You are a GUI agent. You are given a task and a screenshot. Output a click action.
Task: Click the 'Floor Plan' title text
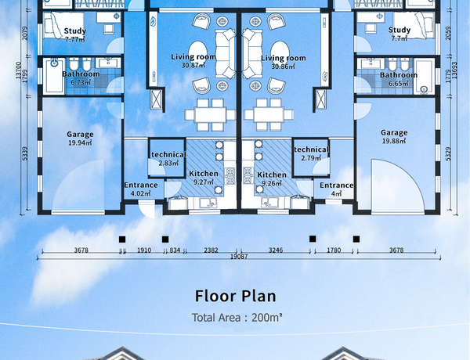click(x=235, y=296)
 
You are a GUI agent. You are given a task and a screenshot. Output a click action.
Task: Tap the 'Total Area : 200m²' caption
click(x=237, y=318)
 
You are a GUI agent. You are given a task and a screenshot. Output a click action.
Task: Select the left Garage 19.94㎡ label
click(x=80, y=139)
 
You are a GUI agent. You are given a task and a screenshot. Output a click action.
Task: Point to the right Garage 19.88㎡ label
click(x=394, y=137)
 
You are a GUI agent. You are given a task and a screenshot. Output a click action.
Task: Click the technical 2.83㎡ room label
click(x=168, y=159)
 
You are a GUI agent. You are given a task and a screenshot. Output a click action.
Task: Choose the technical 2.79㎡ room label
click(x=311, y=153)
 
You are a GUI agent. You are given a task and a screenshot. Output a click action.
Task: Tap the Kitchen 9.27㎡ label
click(x=204, y=178)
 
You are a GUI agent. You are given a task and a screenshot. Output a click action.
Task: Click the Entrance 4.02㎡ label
click(x=140, y=189)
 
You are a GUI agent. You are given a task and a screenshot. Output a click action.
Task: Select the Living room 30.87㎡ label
click(x=193, y=61)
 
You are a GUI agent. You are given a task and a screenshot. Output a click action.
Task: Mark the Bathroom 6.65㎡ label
click(x=399, y=79)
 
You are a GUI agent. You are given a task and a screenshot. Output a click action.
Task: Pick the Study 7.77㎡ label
click(x=75, y=35)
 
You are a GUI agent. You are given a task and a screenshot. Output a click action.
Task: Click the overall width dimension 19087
click(x=239, y=257)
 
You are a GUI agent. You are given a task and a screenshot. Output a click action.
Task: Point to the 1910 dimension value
click(x=144, y=250)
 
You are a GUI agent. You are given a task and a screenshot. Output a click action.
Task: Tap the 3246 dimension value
click(x=276, y=250)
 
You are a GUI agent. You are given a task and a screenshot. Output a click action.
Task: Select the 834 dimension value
click(x=175, y=250)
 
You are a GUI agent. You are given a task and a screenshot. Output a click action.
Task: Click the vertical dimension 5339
click(x=25, y=153)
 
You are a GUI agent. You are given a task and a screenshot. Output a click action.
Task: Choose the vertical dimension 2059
click(x=448, y=33)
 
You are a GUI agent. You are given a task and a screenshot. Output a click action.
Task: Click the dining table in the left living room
click(x=210, y=115)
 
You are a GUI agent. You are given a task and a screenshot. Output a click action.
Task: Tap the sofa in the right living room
click(x=252, y=54)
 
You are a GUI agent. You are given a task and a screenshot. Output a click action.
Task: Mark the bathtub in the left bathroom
click(x=54, y=76)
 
